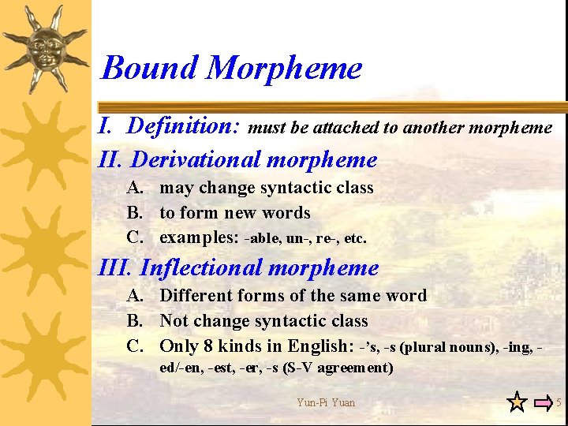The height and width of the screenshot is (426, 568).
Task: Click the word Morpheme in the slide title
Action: tap(284, 68)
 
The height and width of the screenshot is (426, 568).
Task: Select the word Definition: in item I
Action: tap(184, 126)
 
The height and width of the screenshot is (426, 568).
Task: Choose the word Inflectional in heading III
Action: tap(204, 268)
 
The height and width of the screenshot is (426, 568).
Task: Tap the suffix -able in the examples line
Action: tap(262, 238)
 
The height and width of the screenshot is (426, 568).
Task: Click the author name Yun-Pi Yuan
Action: tap(326, 402)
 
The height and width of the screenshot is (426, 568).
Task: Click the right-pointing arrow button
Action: tap(543, 402)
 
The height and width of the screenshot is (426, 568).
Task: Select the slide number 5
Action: tap(559, 402)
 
